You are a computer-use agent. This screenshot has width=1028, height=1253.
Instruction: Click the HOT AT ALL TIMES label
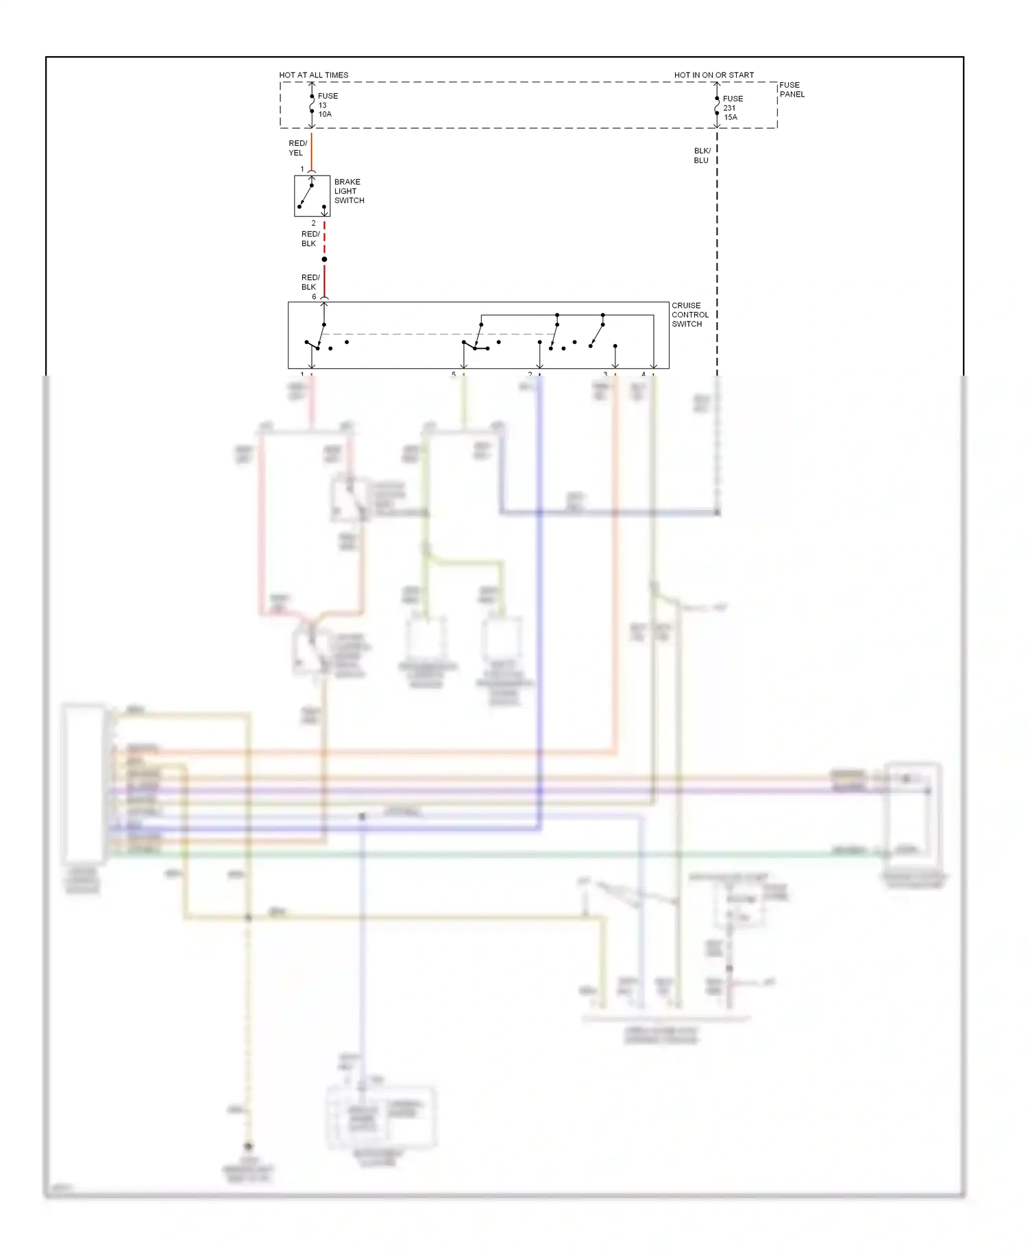(313, 75)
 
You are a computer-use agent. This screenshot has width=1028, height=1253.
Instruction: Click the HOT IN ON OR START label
(713, 75)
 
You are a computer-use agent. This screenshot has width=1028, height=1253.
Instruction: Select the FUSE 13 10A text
(328, 105)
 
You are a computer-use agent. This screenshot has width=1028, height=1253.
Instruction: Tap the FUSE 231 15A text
(732, 108)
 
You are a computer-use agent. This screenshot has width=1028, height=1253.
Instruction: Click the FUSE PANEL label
(792, 90)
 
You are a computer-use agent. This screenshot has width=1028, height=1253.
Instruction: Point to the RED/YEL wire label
(297, 148)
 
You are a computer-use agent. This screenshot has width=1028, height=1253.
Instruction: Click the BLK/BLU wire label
(701, 156)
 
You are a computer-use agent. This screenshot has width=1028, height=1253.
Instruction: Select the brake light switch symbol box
(312, 196)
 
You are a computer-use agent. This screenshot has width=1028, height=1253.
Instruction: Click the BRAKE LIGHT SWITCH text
(348, 191)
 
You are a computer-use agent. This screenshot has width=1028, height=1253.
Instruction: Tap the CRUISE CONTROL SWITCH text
(689, 315)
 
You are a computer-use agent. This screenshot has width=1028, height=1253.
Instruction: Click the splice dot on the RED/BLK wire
(324, 259)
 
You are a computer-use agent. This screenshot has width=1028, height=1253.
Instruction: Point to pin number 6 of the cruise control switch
(315, 297)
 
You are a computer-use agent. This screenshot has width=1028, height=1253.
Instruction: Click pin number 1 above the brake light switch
(302, 169)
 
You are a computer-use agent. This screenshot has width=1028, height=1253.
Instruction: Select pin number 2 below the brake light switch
(314, 223)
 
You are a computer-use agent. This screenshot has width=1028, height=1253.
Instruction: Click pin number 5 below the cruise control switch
(453, 374)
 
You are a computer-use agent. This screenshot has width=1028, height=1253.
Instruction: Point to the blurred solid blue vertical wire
(540, 617)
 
